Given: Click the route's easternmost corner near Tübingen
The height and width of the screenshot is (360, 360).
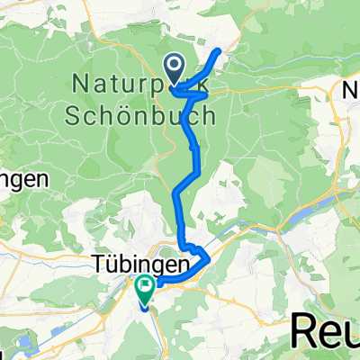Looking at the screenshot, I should point(209,259).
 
